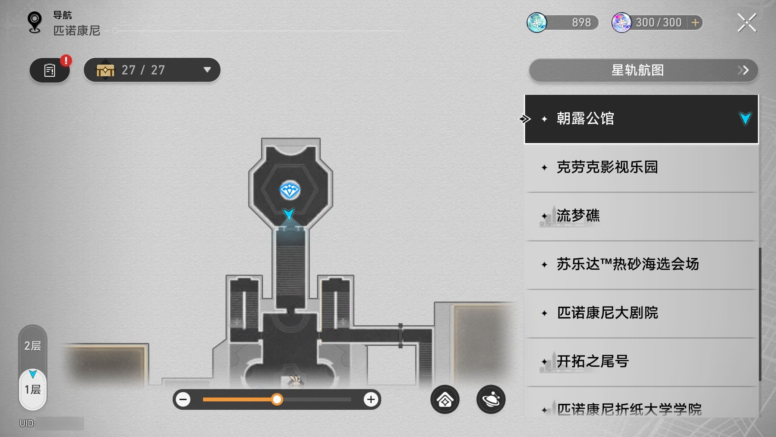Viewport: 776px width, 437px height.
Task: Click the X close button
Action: pos(747,23)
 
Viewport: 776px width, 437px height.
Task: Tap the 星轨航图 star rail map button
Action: pos(643,70)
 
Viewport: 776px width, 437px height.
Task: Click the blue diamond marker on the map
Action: pos(290,190)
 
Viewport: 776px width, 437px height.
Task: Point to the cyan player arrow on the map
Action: pos(288,214)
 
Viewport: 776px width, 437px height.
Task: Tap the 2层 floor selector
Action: pos(33,346)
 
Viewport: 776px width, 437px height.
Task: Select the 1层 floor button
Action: pos(33,389)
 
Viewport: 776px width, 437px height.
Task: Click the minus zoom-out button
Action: pos(183,399)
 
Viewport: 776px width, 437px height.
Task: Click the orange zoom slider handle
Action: pos(277,399)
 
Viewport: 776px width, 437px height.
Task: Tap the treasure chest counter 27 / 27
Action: pos(152,70)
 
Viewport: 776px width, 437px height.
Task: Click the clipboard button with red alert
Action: pos(49,70)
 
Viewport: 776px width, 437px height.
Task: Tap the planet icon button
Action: pos(491,399)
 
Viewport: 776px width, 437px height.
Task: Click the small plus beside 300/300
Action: pos(695,23)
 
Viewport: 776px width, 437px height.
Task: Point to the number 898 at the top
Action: pos(581,23)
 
